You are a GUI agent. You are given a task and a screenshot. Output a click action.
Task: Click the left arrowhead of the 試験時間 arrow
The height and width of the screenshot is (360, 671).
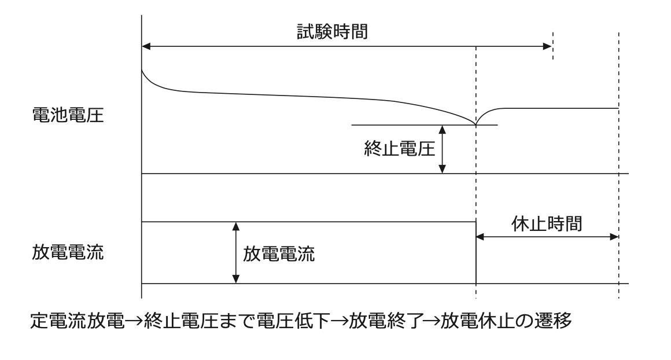[x=146, y=46]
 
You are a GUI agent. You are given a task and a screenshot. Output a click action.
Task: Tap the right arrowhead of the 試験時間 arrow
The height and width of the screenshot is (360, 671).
[x=548, y=46]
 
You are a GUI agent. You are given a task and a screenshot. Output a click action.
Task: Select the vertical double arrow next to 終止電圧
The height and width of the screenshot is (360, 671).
[x=442, y=149]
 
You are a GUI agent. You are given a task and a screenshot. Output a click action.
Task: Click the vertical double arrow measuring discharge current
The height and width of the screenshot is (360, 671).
[x=236, y=253]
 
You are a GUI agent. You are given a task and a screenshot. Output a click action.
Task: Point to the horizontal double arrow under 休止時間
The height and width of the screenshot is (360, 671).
[x=547, y=236]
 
